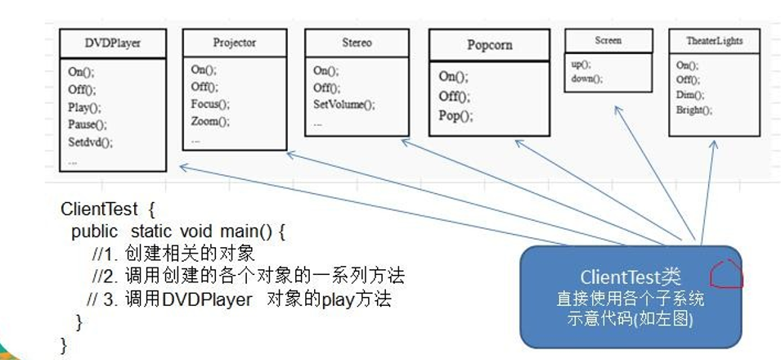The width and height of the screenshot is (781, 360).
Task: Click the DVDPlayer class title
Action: click(112, 43)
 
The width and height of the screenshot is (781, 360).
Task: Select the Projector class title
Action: click(234, 43)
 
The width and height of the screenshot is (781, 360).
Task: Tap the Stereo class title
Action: click(356, 43)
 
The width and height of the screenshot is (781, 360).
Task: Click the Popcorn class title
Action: click(489, 45)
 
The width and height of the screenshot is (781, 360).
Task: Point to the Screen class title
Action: click(608, 40)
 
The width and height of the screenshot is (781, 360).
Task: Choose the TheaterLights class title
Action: click(713, 41)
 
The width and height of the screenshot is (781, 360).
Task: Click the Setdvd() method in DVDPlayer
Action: click(90, 142)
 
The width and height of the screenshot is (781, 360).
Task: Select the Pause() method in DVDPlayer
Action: click(88, 124)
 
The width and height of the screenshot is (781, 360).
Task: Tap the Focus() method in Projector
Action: click(210, 104)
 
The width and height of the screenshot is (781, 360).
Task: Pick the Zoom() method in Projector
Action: click(210, 121)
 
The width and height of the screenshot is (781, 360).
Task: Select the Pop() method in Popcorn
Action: click(456, 115)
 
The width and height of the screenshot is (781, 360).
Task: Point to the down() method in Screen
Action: click(586, 79)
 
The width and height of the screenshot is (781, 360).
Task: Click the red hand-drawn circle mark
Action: click(725, 276)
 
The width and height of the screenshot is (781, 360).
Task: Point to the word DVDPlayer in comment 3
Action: click(208, 299)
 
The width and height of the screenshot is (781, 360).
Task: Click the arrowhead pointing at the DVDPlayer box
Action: click(182, 167)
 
